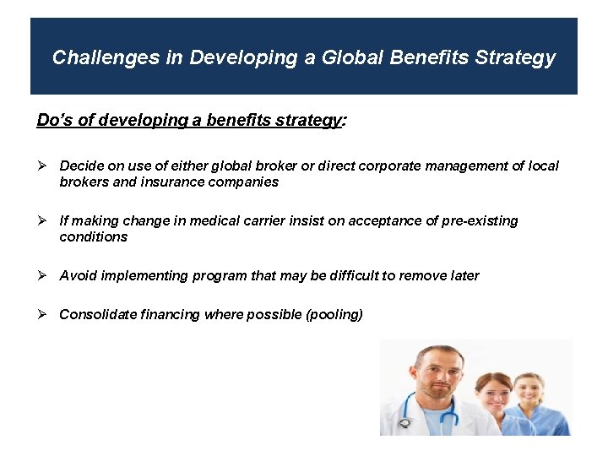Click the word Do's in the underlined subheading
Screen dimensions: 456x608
point(55,120)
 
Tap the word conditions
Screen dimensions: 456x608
point(93,236)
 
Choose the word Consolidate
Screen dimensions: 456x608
point(97,314)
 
